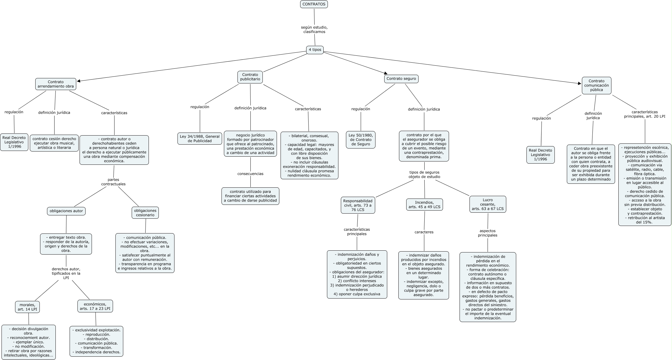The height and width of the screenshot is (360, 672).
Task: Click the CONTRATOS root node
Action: tap(314, 4)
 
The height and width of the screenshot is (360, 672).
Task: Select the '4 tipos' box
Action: tap(315, 50)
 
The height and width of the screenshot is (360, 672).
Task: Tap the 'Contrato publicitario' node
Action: tap(250, 77)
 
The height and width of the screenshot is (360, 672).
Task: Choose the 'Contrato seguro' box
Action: tap(401, 79)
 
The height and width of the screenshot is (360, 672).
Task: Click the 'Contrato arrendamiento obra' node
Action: tap(55, 84)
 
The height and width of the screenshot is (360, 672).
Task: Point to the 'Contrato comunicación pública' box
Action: tap(596, 85)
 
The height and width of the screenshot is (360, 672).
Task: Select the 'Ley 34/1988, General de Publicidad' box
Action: tap(199, 139)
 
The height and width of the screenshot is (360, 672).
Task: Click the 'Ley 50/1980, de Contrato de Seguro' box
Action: tap(361, 140)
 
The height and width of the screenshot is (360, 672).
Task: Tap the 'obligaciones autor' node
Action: tap(66, 211)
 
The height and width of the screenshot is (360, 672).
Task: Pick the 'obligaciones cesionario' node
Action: tap(145, 213)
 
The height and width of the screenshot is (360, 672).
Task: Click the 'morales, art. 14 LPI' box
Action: tap(27, 307)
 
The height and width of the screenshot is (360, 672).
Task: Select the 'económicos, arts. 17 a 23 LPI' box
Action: tap(95, 306)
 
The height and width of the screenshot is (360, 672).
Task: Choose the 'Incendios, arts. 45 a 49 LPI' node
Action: tap(425, 205)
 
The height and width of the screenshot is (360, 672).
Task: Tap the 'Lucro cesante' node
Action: tap(488, 204)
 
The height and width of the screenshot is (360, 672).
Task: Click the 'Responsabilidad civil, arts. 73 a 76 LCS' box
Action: tap(358, 205)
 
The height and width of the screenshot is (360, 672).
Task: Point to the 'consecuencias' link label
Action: tap(250, 174)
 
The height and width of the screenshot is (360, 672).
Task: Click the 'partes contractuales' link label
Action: tap(113, 182)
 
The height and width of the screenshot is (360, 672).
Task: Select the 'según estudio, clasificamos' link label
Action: tap(314, 30)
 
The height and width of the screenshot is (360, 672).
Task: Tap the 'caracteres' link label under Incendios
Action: tap(424, 232)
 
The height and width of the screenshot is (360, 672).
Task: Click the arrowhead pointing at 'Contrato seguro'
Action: tap(385, 73)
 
